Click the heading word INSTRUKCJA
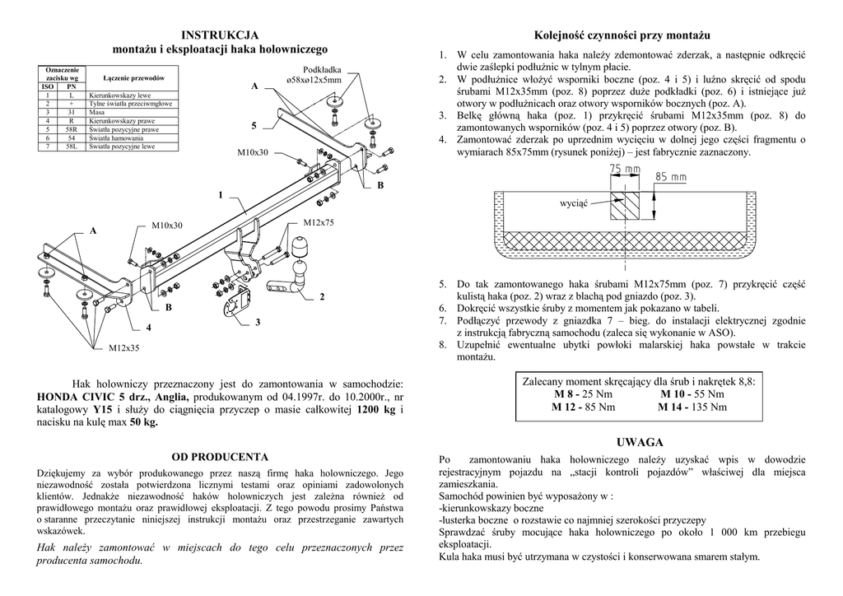pyautogui.click(x=220, y=35)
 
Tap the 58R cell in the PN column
pyautogui.click(x=72, y=129)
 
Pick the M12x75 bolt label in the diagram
pyautogui.click(x=319, y=223)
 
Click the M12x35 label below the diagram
pyautogui.click(x=125, y=348)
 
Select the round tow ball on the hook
pyautogui.click(x=299, y=248)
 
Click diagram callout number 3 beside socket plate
pyautogui.click(x=258, y=322)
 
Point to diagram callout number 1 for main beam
pyautogui.click(x=221, y=195)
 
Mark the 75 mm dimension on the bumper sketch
pyautogui.click(x=625, y=170)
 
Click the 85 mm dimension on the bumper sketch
pyautogui.click(x=671, y=177)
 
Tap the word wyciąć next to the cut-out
pyautogui.click(x=573, y=203)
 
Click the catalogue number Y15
pyautogui.click(x=103, y=408)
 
